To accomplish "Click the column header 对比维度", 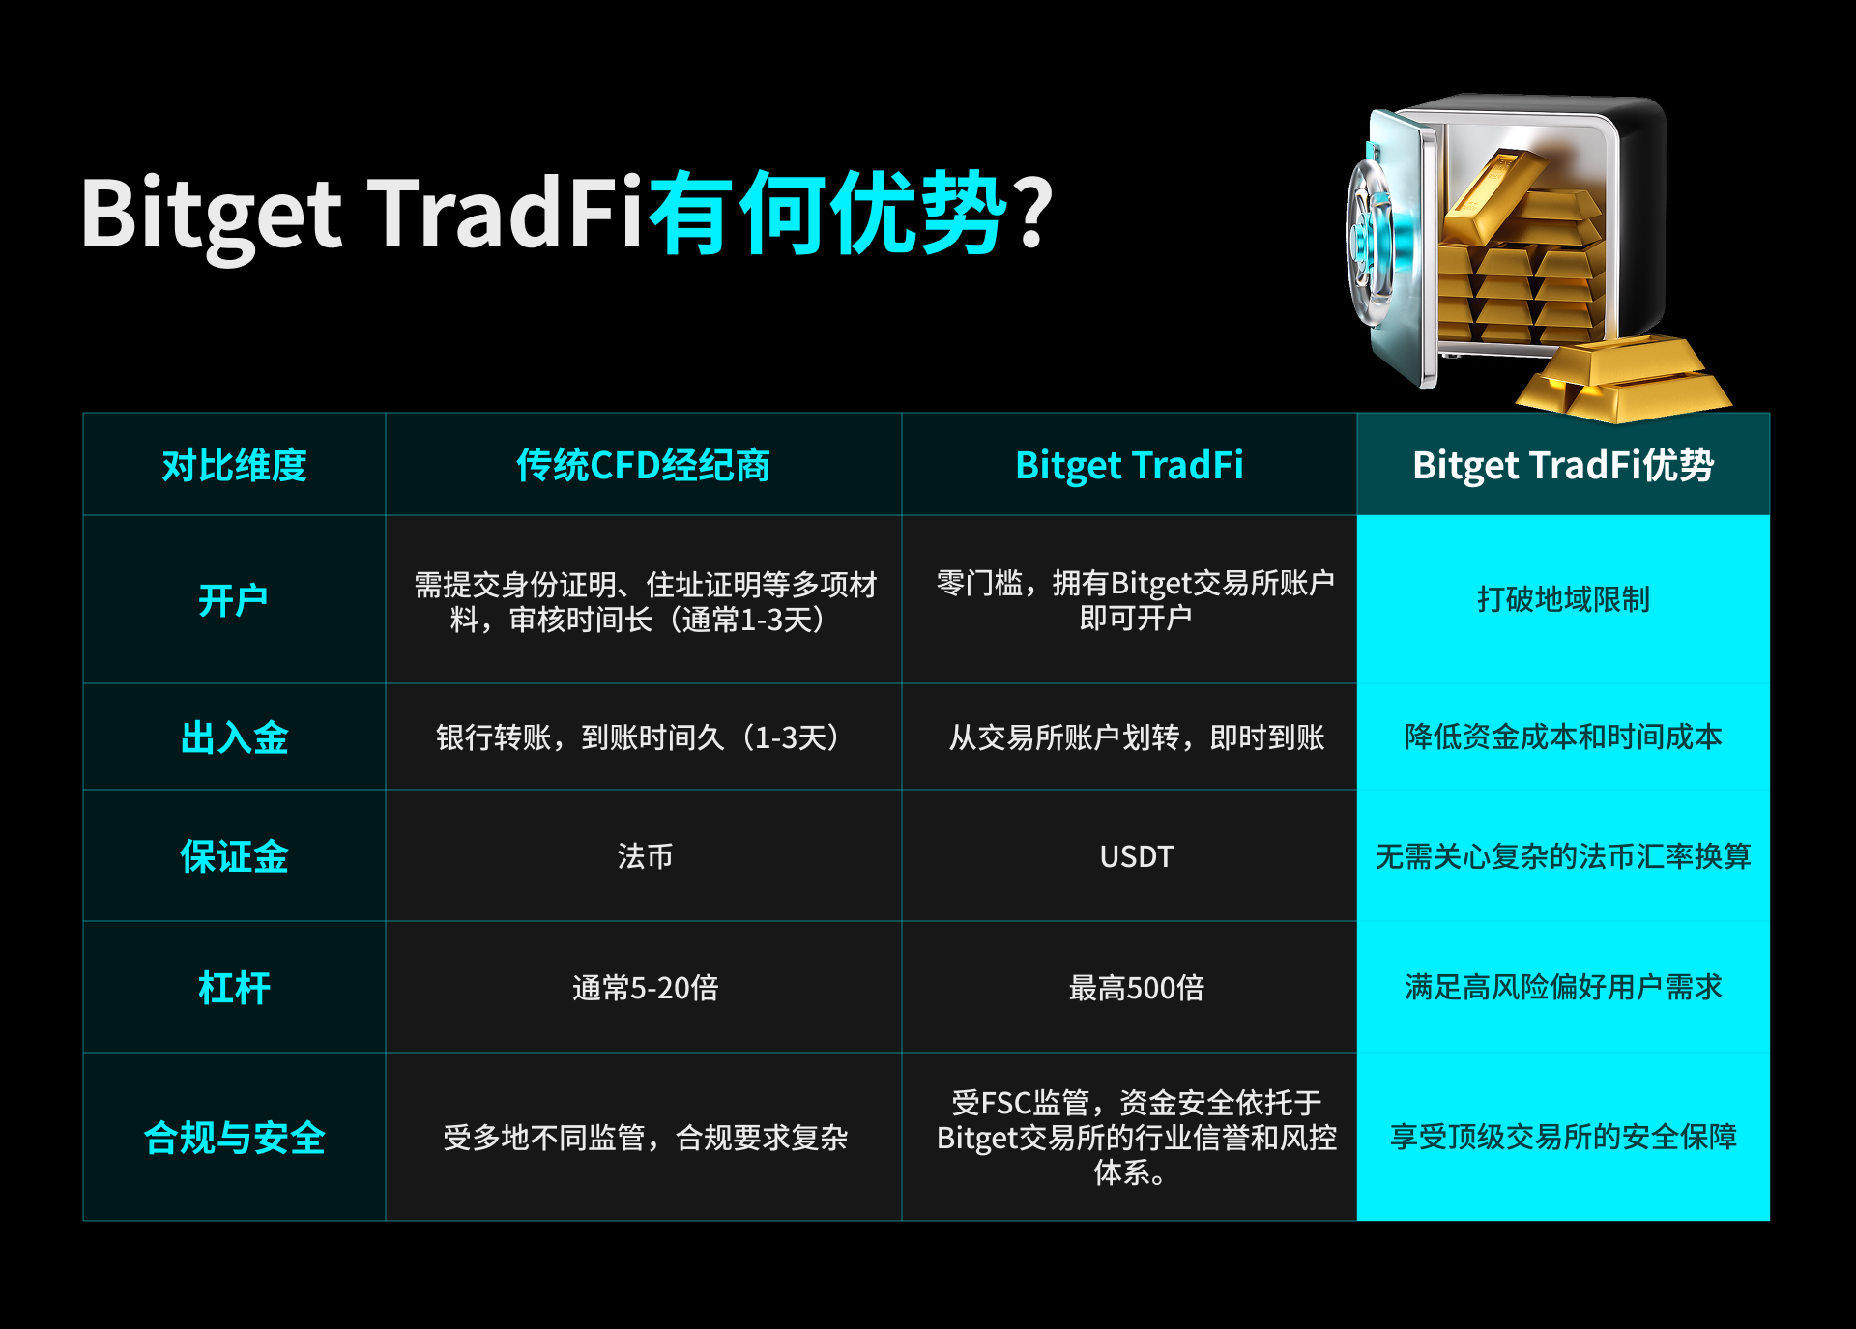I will click(234, 465).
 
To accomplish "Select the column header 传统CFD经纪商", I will click(643, 465).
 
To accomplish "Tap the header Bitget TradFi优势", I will click(1563, 465).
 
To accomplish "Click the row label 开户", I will click(233, 600).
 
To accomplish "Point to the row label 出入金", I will click(234, 737).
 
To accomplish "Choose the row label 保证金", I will click(234, 856).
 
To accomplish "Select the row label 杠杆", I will click(234, 988).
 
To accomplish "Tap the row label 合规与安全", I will click(234, 1138).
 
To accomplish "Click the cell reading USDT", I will click(1136, 856).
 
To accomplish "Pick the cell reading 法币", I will click(645, 856).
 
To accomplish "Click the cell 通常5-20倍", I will click(645, 988).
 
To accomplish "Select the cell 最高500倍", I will click(1136, 988).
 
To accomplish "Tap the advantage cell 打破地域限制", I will click(1563, 599).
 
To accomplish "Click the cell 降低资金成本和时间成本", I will click(1563, 737).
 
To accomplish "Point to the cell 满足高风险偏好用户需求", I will click(1563, 987).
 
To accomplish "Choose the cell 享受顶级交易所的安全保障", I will click(1563, 1137).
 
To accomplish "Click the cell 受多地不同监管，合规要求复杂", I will click(645, 1138).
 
